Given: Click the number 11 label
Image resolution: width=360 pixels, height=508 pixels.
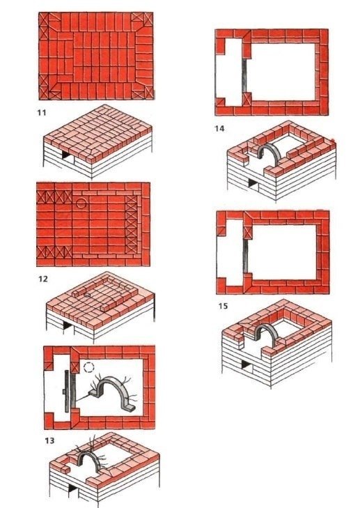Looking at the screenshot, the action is click(x=42, y=113).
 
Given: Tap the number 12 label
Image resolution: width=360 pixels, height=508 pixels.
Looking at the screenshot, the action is click(x=42, y=279).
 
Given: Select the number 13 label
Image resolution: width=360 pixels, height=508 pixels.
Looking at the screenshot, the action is click(x=49, y=440).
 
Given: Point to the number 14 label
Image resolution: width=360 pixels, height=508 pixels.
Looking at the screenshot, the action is click(x=219, y=129).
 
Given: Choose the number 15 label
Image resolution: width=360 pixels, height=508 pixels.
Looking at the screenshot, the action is click(x=223, y=306).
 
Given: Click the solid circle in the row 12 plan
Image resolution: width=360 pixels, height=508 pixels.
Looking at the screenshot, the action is click(x=81, y=203).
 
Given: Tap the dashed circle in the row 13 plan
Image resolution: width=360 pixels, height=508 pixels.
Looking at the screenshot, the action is click(x=88, y=367).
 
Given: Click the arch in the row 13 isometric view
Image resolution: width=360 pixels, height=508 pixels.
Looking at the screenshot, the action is click(x=87, y=454).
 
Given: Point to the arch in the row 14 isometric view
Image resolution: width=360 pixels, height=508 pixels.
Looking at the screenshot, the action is click(x=268, y=147).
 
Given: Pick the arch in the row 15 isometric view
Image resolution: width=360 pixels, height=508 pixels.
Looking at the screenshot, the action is click(x=267, y=328).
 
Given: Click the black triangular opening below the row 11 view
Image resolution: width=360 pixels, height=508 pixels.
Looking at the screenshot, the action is click(x=65, y=155).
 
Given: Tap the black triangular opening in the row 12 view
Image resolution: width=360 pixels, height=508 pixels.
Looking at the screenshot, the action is click(x=67, y=325).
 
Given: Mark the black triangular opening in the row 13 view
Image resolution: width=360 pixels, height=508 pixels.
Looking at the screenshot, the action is click(x=73, y=488).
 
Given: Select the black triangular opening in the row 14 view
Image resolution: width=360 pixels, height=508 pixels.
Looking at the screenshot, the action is click(x=252, y=183).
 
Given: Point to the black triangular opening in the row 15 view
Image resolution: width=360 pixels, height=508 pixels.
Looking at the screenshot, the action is click(x=246, y=365).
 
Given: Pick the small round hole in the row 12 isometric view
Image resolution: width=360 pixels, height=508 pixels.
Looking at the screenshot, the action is click(x=87, y=295).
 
